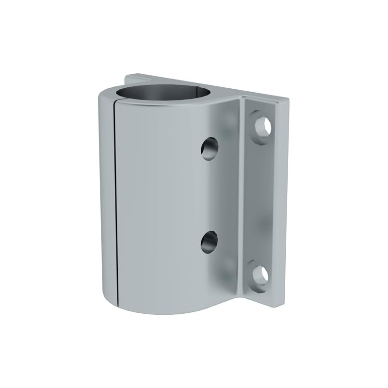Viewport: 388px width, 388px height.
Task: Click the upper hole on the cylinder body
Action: click(210, 149)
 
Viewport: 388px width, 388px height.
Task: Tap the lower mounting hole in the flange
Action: click(261, 275)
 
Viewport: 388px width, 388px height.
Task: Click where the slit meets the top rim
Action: click(114, 103)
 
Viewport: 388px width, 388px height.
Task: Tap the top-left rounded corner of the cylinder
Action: click(102, 97)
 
